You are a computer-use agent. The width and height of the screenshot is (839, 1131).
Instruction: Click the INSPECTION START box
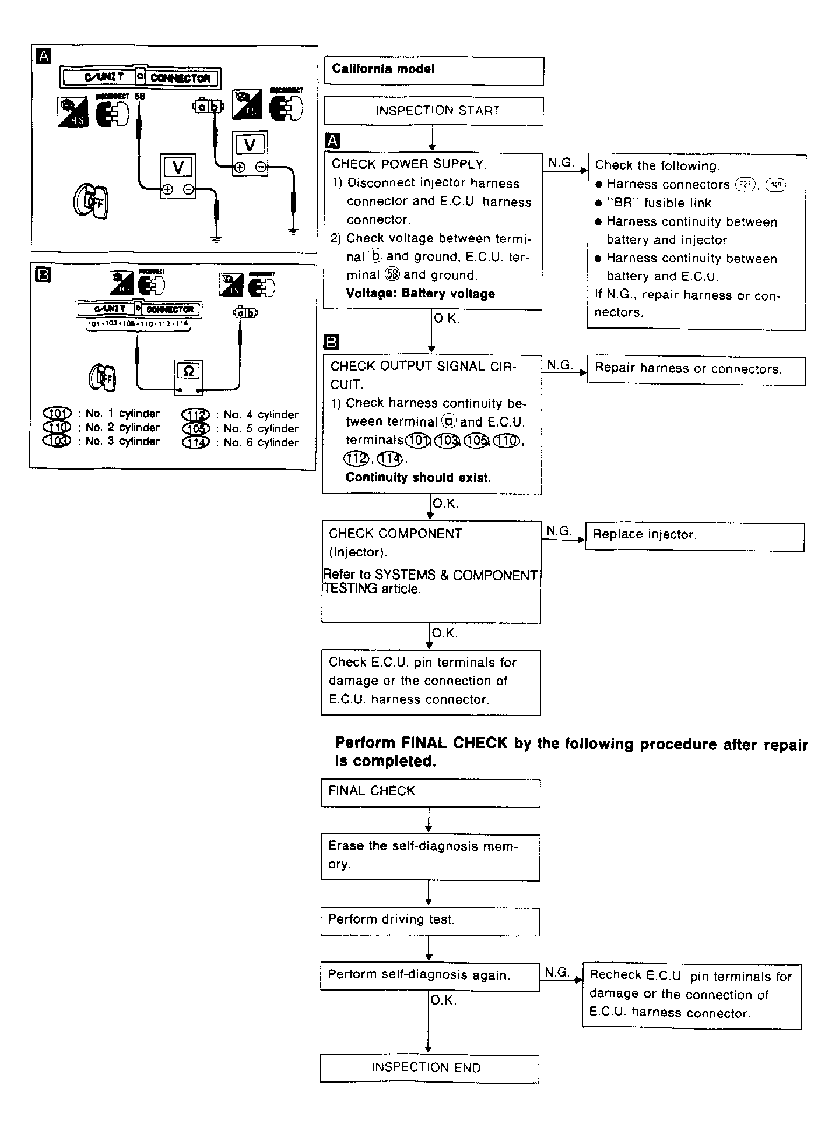tap(434, 111)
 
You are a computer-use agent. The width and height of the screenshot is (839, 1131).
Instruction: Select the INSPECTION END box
tap(429, 1068)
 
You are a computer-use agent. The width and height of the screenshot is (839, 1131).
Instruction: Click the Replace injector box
tap(694, 535)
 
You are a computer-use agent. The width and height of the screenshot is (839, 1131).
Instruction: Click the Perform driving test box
tap(430, 920)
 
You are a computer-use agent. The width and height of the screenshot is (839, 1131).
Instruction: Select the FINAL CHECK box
tap(430, 792)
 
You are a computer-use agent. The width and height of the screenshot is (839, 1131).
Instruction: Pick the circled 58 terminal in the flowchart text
tap(392, 275)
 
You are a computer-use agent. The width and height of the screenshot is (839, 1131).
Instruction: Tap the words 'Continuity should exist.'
tap(418, 478)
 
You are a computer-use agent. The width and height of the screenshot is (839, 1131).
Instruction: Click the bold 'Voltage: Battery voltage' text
tap(420, 294)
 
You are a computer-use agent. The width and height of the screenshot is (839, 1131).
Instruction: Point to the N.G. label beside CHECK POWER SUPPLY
tap(560, 163)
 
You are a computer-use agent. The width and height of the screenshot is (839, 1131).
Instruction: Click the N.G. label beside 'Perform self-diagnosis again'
tap(557, 972)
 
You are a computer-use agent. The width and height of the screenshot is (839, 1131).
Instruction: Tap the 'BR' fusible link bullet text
tap(659, 203)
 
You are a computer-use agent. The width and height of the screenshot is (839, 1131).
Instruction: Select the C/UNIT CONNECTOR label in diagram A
tap(141, 77)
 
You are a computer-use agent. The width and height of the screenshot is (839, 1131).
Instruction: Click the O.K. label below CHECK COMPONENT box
tap(445, 633)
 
